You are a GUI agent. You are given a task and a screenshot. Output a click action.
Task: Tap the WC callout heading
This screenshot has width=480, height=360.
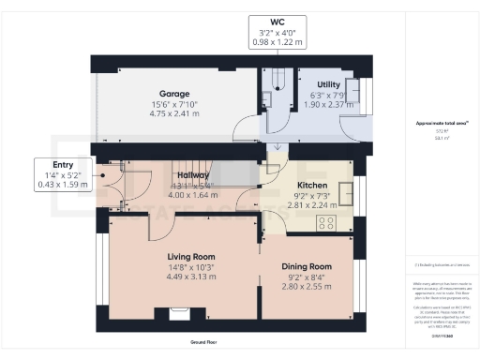click(x=277, y=21)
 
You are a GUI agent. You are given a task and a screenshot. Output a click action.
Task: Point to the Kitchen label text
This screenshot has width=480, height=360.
click(x=311, y=186)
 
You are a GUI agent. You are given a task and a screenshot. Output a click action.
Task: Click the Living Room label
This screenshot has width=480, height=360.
click(x=191, y=256)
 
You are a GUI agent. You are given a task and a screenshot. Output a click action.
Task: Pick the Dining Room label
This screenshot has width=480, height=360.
click(x=308, y=266)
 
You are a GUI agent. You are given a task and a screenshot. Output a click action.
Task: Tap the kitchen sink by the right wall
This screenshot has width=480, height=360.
click(x=349, y=193)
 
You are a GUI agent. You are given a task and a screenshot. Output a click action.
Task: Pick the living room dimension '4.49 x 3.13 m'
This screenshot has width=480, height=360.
click(x=191, y=277)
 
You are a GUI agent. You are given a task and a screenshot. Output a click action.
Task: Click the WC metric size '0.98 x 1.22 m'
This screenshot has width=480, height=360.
click(x=277, y=41)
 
